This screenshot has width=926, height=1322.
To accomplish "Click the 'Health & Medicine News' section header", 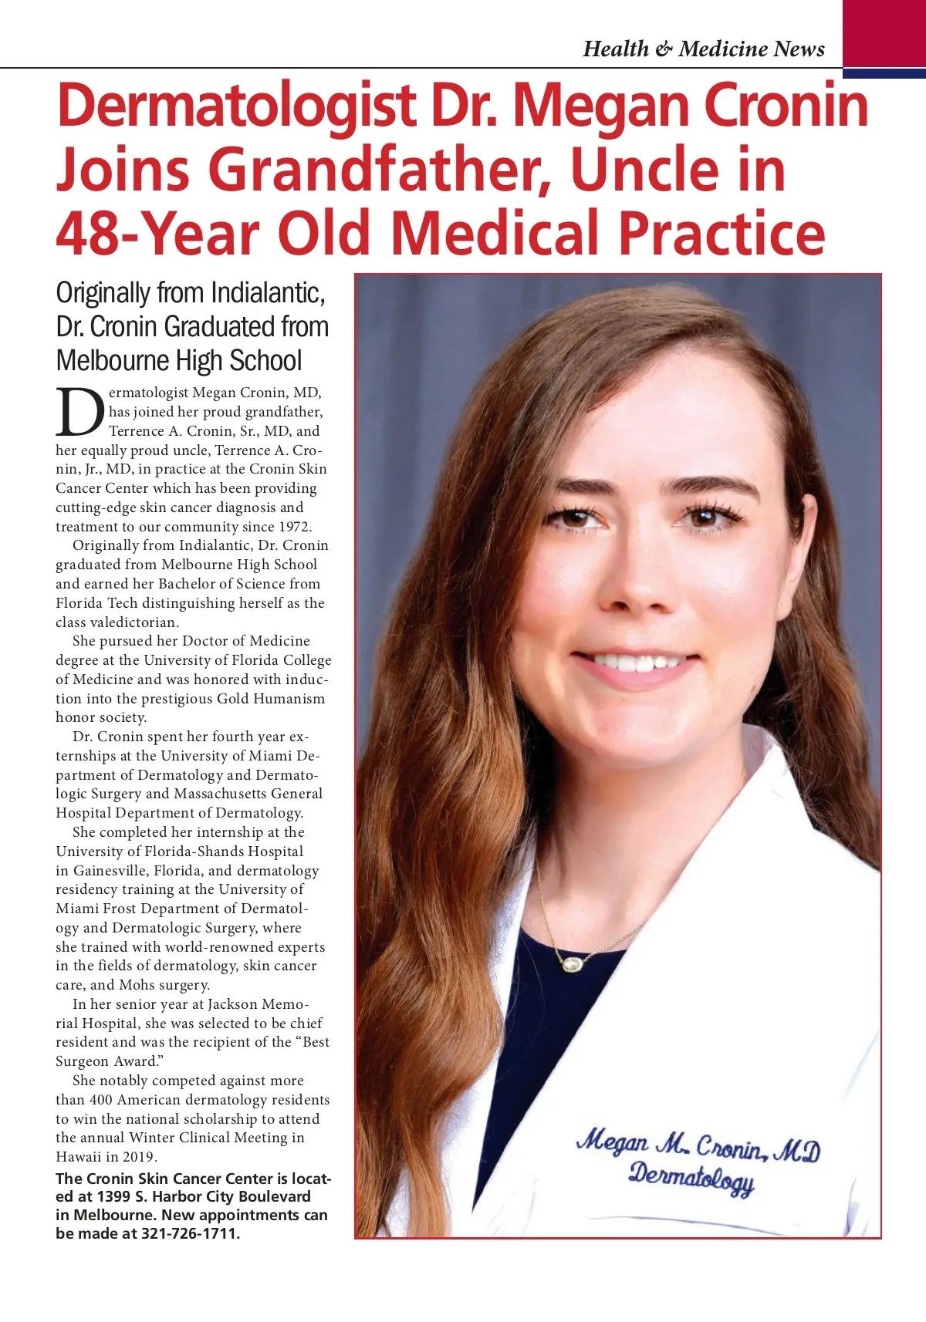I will click(704, 49).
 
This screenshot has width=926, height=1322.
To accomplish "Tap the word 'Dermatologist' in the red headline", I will click(236, 106).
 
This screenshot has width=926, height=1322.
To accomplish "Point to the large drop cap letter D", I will click(79, 413).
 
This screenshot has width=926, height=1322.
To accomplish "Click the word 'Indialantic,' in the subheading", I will click(268, 293).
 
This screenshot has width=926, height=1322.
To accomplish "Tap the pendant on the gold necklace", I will click(572, 964).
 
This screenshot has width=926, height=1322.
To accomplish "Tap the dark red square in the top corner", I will click(884, 34).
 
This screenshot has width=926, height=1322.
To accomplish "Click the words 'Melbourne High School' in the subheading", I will click(179, 361).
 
